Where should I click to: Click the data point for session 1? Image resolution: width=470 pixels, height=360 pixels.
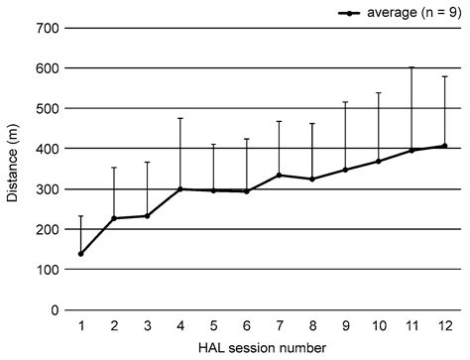click(80, 254)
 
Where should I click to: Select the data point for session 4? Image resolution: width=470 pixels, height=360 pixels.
click(180, 188)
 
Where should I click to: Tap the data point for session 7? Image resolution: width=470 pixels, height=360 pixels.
click(280, 175)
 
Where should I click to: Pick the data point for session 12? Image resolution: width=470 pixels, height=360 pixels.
click(444, 146)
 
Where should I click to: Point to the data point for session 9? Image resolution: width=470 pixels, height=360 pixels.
click(345, 170)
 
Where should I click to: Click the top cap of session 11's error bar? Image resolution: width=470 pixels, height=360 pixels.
click(411, 67)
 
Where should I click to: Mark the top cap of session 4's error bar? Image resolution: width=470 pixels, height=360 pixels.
click(180, 118)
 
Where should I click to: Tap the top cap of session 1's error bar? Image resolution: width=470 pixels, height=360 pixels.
click(80, 216)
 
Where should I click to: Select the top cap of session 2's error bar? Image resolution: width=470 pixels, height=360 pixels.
click(114, 168)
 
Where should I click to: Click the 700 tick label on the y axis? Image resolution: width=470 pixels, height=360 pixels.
click(46, 28)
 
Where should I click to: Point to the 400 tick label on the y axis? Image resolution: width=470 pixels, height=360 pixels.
click(46, 149)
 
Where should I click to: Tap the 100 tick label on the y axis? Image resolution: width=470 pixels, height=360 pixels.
click(46, 270)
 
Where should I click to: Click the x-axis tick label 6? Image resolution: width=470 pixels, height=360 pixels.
click(246, 324)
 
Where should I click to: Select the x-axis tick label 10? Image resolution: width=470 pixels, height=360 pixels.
click(378, 324)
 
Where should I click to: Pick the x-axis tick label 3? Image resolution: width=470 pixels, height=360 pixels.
click(147, 324)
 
